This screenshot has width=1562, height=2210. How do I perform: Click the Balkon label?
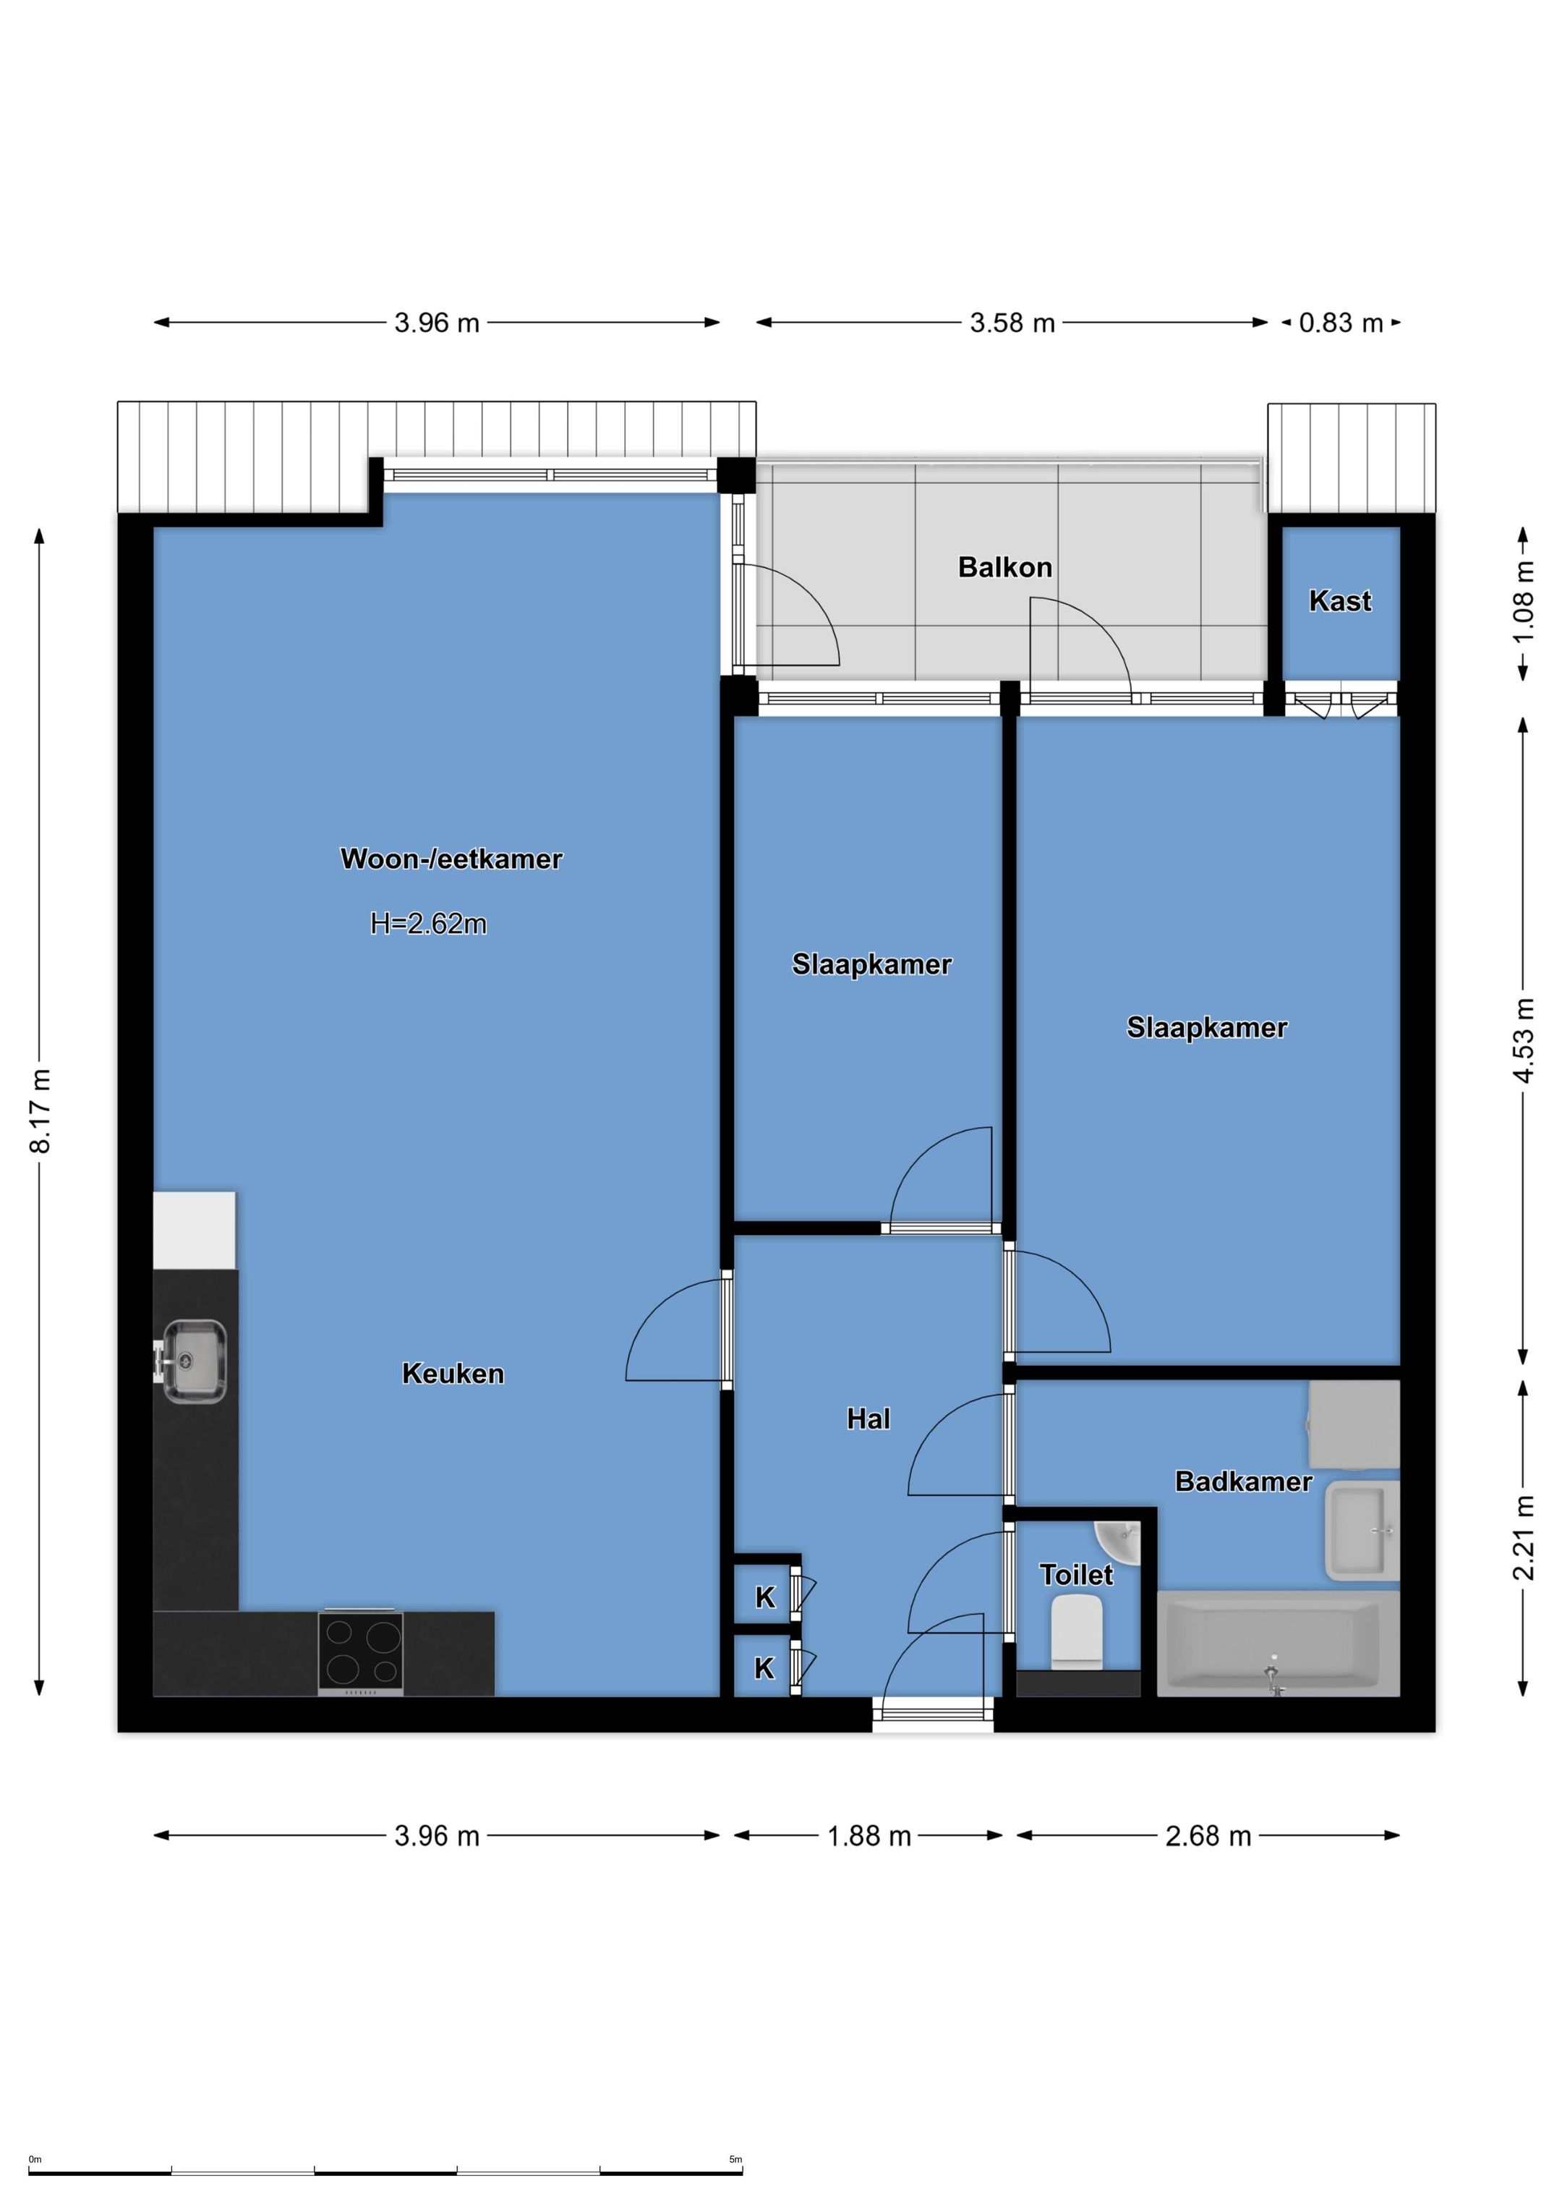point(1004,568)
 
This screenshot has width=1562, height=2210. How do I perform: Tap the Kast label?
point(1340,602)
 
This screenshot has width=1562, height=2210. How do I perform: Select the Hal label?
point(868,1419)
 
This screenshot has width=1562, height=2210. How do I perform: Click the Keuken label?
point(453,1374)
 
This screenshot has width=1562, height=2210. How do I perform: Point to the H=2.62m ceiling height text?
point(428,924)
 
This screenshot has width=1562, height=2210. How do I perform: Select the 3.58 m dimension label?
point(1012,323)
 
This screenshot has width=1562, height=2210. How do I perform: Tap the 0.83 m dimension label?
point(1341,323)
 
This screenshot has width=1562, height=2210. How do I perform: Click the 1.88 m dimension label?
point(869,1837)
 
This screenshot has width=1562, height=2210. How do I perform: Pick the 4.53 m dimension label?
point(1524,1040)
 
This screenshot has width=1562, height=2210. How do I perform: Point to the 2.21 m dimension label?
point(1524,1537)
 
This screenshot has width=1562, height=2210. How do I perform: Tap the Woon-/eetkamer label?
point(451,859)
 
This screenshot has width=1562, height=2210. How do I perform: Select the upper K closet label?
point(765,1598)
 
